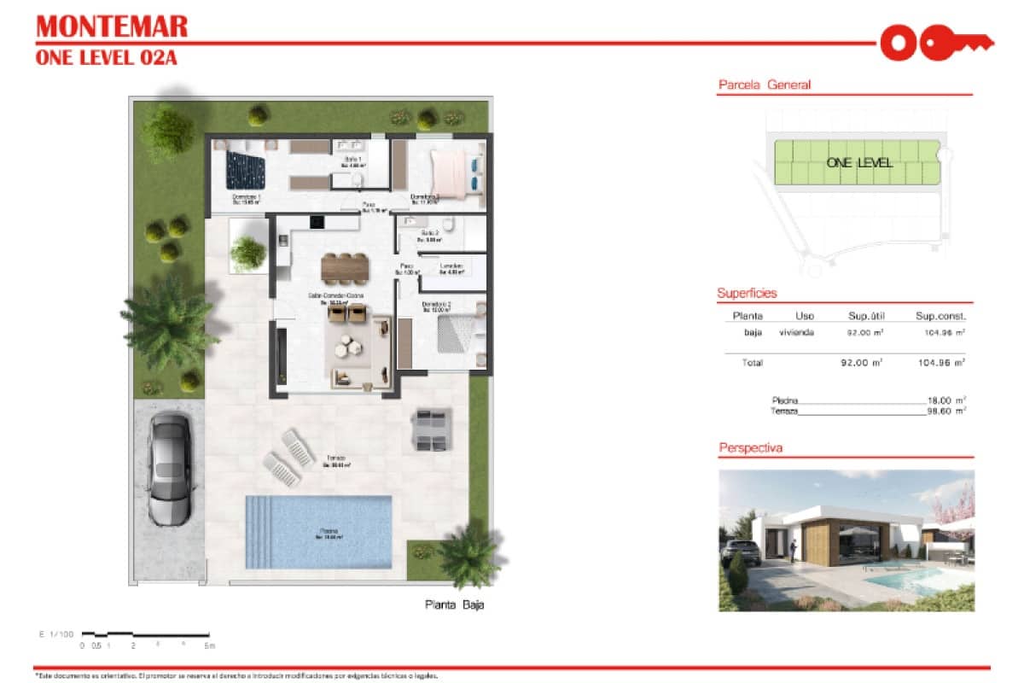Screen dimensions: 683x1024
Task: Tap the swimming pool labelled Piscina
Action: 318,532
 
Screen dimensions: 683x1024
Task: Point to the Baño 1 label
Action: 353,161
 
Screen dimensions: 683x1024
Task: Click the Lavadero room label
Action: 451,268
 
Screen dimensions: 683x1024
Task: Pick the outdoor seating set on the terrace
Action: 430,429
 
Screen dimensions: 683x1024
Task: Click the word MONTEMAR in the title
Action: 112,27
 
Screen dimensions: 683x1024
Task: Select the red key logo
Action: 936,42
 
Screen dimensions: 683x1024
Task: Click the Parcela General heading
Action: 764,85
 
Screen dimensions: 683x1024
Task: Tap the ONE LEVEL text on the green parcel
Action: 859,162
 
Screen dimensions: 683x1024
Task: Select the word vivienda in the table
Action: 796,332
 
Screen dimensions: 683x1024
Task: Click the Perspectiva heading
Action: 750,447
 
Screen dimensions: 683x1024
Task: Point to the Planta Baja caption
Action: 455,605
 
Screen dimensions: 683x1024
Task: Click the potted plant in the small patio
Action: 247,253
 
